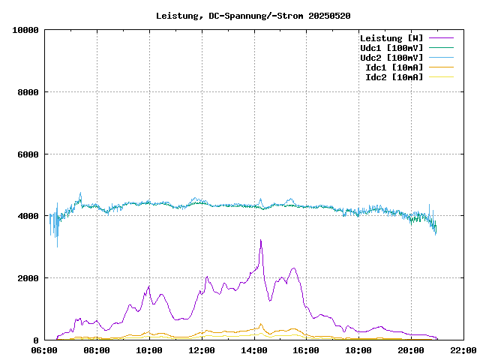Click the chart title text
[x=253, y=16]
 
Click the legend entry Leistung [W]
[x=391, y=38]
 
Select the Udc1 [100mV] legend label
[x=391, y=48]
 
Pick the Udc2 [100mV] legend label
[x=391, y=58]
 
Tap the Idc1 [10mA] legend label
[x=394, y=67]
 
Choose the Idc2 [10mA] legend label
[x=394, y=77]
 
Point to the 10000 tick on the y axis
[x=25, y=30]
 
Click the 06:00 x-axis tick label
[x=44, y=350]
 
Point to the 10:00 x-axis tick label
[x=149, y=350]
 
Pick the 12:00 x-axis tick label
[x=202, y=350]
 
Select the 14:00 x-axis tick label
[x=254, y=350]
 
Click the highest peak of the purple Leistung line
[x=260, y=240]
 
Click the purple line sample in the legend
[x=441, y=38]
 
